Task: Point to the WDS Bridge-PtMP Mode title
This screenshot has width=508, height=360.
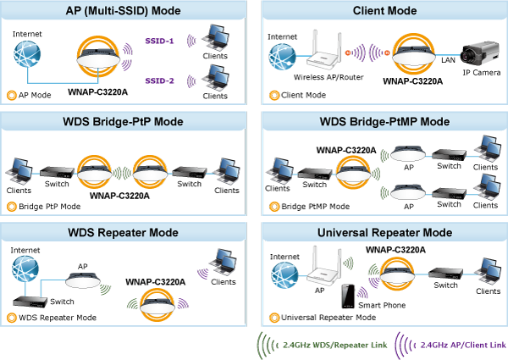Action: [x=384, y=122]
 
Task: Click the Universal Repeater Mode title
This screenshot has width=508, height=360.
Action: [x=384, y=232]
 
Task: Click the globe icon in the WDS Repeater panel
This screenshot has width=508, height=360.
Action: [x=26, y=274]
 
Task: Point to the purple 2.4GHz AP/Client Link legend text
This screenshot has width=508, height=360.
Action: [x=461, y=346]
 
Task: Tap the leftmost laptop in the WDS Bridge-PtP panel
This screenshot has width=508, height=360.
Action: [x=20, y=169]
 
